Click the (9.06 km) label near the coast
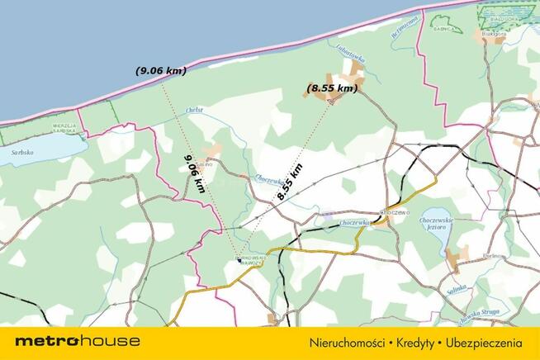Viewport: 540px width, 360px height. tap(161, 71)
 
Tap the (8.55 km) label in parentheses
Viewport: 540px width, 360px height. tap(332, 88)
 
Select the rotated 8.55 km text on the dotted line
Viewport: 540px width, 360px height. tap(290, 182)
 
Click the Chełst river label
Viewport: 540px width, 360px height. tap(195, 110)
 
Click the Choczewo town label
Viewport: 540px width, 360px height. tap(394, 212)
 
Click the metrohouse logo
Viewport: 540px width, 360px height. tap(77, 341)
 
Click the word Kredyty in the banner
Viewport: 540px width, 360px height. tap(411, 342)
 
